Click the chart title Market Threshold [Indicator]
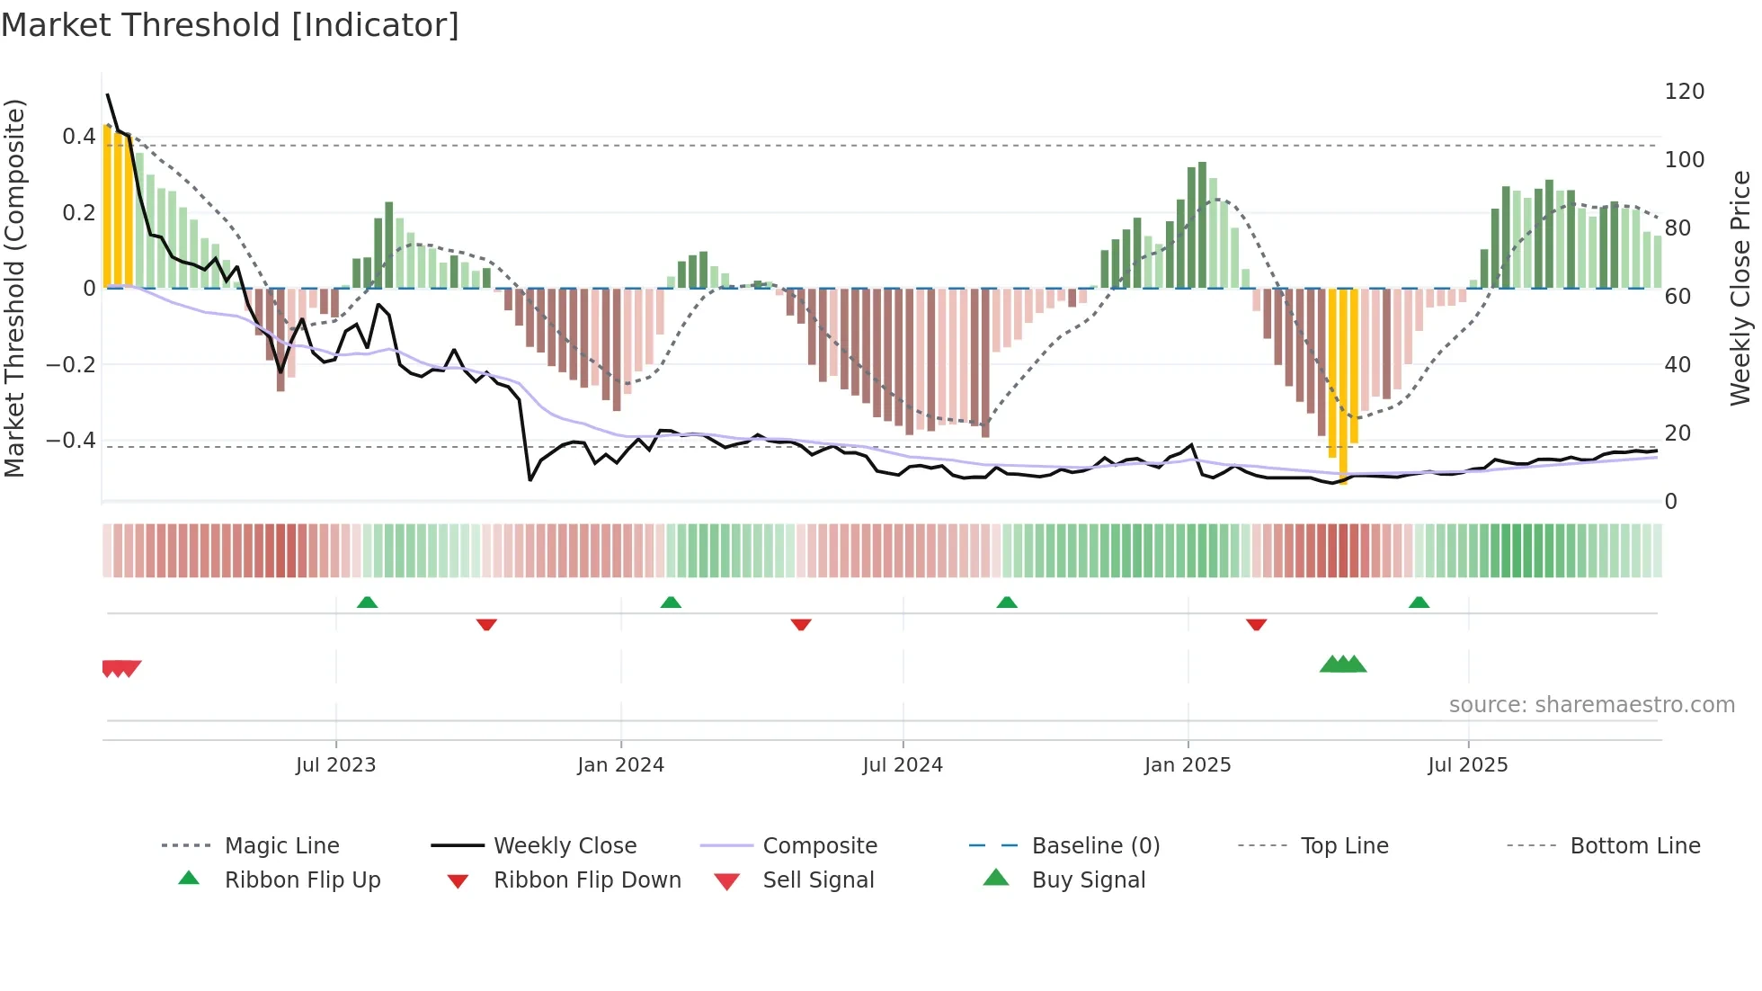(x=230, y=25)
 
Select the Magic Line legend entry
(x=281, y=846)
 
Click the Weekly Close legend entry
(x=565, y=846)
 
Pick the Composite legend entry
(x=819, y=846)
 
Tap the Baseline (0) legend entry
(x=1095, y=846)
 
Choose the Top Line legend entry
(x=1344, y=846)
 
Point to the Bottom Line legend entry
(x=1634, y=846)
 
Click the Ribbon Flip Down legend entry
(x=586, y=880)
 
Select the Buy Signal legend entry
(x=1088, y=880)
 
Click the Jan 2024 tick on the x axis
(x=620, y=765)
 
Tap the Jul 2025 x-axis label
(x=1467, y=765)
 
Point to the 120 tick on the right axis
(x=1684, y=92)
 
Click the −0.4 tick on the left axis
(x=71, y=441)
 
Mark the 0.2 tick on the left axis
(x=78, y=213)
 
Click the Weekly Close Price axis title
(x=1740, y=288)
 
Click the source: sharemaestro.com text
(x=1591, y=705)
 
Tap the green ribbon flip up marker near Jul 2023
(x=367, y=603)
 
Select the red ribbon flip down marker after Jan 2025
(x=1256, y=624)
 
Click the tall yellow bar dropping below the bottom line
(x=1342, y=387)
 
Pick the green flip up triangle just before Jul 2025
(x=1419, y=603)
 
